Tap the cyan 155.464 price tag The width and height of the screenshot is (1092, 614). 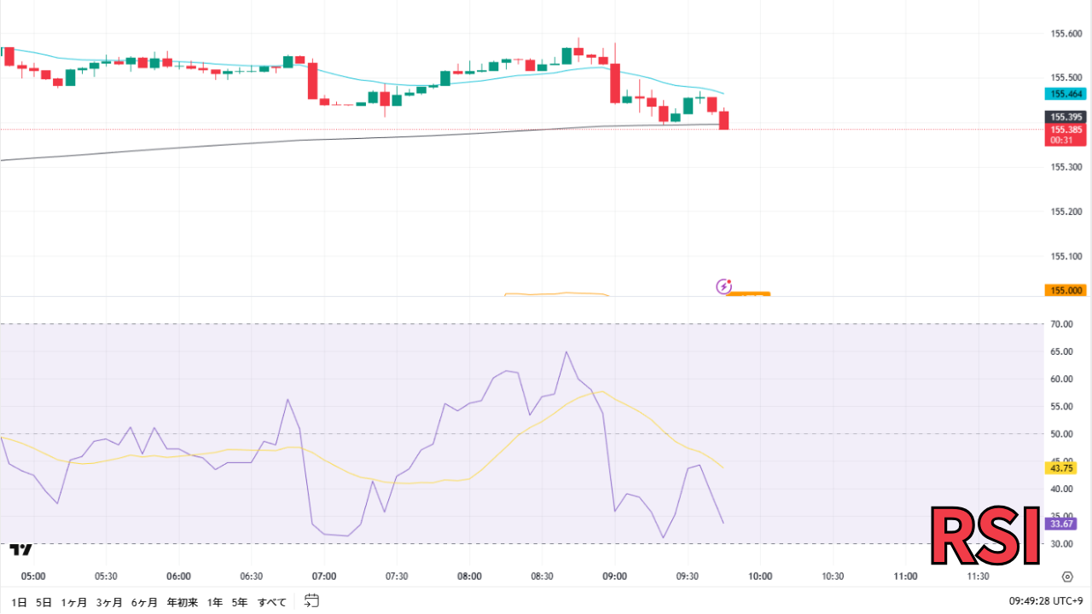1066,94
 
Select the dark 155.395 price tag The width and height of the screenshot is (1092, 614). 1066,117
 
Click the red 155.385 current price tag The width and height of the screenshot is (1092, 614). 1066,130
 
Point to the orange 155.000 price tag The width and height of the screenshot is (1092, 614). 1066,290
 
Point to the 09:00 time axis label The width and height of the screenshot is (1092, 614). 615,576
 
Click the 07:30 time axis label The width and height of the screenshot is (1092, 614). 397,576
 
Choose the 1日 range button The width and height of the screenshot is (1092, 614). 20,602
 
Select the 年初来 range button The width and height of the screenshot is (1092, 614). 183,602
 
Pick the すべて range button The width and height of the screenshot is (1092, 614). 272,602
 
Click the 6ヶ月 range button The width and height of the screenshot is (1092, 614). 144,602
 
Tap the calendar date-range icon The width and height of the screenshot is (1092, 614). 311,601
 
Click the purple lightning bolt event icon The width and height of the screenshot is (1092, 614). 723,287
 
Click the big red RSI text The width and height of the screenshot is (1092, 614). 985,536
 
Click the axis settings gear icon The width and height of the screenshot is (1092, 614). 1067,576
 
